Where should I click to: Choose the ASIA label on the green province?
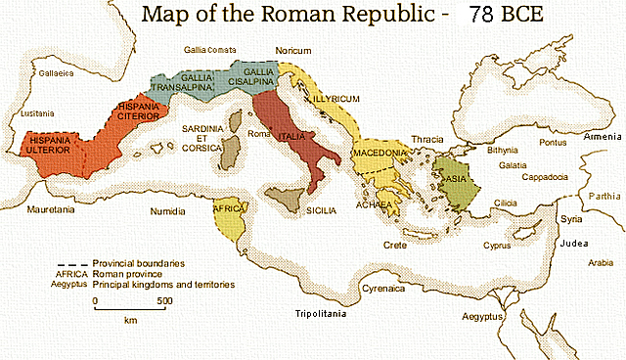(x=456, y=179)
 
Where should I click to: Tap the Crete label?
(x=394, y=245)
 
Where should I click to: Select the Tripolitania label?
(x=324, y=314)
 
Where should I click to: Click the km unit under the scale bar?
(x=129, y=320)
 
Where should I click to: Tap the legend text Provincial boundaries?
(x=139, y=264)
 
